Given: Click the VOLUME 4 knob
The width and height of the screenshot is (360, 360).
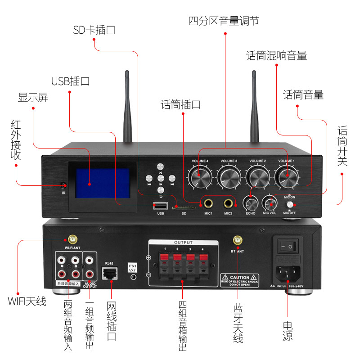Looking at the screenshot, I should [x=200, y=176].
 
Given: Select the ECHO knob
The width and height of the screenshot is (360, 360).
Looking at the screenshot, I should [x=251, y=202].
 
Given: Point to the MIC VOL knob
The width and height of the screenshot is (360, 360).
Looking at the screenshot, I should [x=270, y=202].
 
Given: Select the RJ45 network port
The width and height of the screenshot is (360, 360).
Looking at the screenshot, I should [x=109, y=272].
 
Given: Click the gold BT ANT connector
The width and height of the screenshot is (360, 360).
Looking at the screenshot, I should [x=236, y=240].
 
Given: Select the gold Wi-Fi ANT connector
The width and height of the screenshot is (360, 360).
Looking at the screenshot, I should [x=72, y=239].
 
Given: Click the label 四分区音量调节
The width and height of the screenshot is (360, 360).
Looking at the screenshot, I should [x=224, y=21].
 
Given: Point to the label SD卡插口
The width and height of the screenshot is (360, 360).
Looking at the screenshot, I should [x=94, y=30].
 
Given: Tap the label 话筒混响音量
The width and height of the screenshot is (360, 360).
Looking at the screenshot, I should [x=276, y=56].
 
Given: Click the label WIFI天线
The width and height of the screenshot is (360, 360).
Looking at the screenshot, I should [x=27, y=301].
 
